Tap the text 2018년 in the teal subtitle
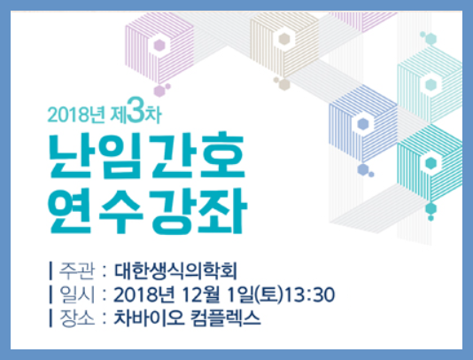[x=76, y=114]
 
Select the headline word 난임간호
[x=147, y=156]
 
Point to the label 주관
[x=77, y=271]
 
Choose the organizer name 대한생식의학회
[x=175, y=271]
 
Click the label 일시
[x=77, y=294]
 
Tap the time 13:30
[x=310, y=294]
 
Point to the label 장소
[x=77, y=318]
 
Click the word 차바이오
[x=149, y=318]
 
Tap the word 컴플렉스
[x=226, y=318]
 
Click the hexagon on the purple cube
[x=159, y=45]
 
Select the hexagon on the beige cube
[x=283, y=39]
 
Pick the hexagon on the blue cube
[x=363, y=124]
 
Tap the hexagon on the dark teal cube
[x=431, y=163]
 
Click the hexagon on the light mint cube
[x=431, y=85]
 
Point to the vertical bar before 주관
[x=50, y=271]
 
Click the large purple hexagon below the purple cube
[x=159, y=91]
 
